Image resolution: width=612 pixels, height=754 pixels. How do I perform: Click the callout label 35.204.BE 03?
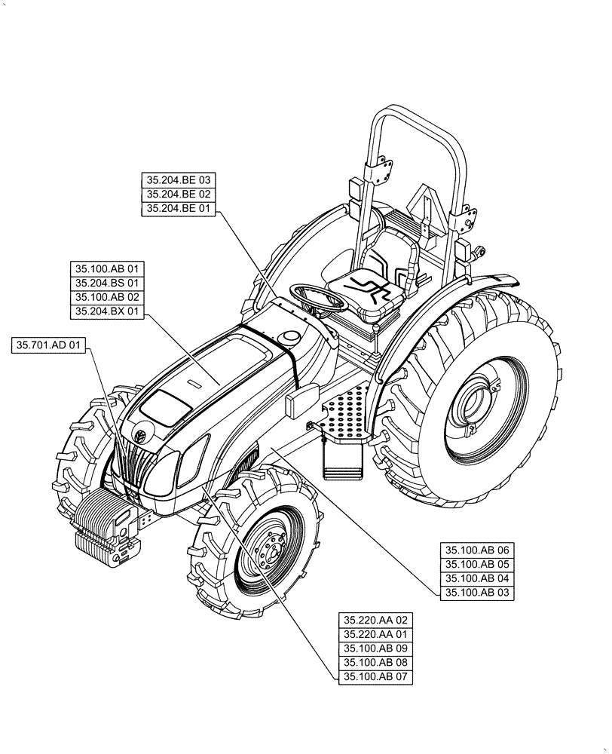pyautogui.click(x=179, y=180)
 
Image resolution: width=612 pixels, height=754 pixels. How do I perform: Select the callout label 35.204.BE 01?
pyautogui.click(x=179, y=209)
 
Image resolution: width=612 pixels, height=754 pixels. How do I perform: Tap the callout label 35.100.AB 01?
pyautogui.click(x=107, y=268)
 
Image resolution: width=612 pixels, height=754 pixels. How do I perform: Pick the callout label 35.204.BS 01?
pyautogui.click(x=107, y=283)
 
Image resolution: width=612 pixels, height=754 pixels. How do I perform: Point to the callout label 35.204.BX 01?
pyautogui.click(x=107, y=311)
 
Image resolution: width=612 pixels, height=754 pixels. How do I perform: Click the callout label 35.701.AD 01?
pyautogui.click(x=50, y=345)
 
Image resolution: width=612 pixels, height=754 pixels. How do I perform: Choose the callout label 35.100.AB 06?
pyautogui.click(x=477, y=550)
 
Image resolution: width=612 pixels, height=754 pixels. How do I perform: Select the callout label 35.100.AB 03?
pyautogui.click(x=477, y=593)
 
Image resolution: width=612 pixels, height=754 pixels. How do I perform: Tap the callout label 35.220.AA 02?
pyautogui.click(x=375, y=620)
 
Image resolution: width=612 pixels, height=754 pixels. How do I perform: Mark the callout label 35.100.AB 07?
pyautogui.click(x=375, y=677)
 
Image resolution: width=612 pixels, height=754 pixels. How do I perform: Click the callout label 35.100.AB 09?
pyautogui.click(x=375, y=648)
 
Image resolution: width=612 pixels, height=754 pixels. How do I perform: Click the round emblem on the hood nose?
pyautogui.click(x=140, y=433)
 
